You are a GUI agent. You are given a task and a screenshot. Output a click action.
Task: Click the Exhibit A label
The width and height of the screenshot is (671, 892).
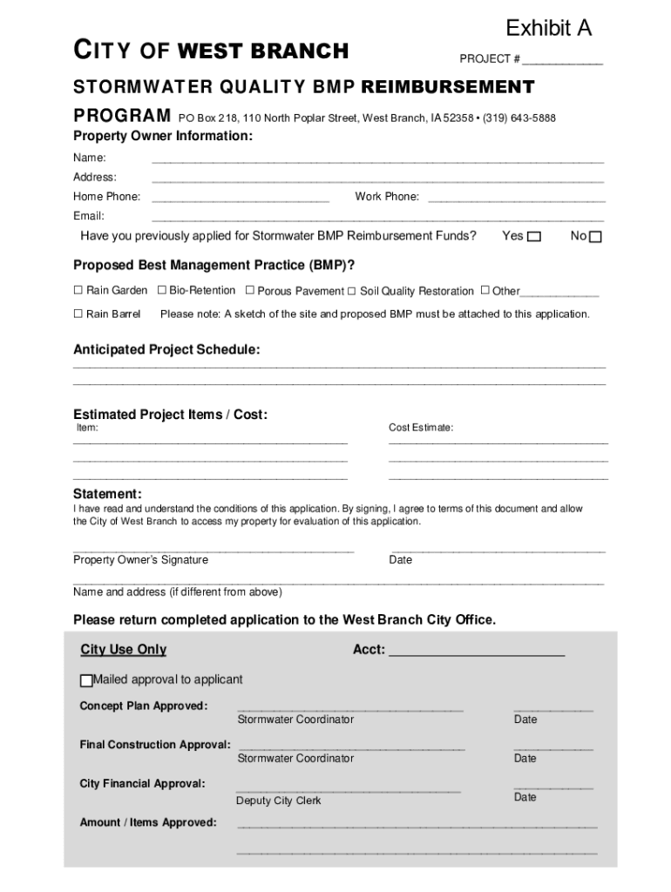tap(548, 29)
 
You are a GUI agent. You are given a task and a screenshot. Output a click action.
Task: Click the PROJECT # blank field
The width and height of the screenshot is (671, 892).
tap(562, 61)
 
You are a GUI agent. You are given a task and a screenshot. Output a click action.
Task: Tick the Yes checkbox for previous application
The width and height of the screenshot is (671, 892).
tap(534, 237)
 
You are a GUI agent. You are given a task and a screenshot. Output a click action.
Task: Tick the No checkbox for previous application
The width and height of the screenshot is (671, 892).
tap(595, 237)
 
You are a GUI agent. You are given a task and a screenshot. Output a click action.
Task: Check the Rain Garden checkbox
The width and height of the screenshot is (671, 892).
tap(78, 290)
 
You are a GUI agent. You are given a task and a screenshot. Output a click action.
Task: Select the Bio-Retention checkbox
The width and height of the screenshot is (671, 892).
tap(161, 290)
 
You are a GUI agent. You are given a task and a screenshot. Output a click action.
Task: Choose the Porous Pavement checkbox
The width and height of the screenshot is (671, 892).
tap(250, 290)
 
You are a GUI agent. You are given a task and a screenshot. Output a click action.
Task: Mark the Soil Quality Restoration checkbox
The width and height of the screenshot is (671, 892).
tap(352, 291)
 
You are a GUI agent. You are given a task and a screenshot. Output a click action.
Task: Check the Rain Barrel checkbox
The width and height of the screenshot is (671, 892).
tap(78, 314)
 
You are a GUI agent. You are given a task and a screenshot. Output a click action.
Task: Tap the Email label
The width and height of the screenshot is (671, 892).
tap(89, 216)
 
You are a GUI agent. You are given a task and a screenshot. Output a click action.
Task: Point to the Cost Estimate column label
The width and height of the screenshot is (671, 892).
tap(421, 428)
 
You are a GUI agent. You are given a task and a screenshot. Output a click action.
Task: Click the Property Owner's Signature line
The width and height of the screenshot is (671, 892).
tap(213, 551)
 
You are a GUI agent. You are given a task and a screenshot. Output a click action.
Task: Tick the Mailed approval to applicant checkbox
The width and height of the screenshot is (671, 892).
tap(86, 680)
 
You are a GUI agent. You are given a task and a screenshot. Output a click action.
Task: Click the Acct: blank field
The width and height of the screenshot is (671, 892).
tap(477, 652)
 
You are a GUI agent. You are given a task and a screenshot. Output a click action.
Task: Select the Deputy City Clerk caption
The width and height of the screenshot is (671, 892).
tap(278, 801)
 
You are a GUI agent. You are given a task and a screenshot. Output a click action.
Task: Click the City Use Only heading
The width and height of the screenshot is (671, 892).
tap(123, 650)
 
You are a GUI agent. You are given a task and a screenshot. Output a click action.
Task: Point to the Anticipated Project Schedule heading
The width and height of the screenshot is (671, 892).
tap(166, 349)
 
